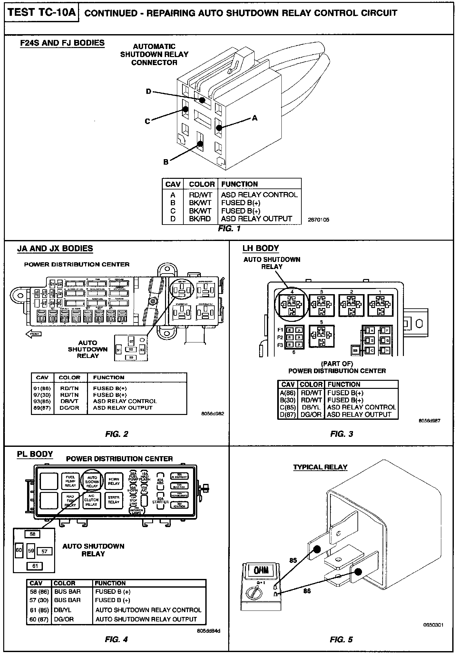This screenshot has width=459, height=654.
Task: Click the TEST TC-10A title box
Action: tap(42, 13)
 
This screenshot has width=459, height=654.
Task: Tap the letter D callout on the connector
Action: tap(148, 91)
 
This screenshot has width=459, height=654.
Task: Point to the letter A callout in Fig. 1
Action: tap(255, 118)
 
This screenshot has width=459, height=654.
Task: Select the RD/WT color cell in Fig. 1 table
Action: tap(200, 195)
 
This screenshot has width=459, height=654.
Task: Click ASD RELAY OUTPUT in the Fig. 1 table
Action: tap(256, 219)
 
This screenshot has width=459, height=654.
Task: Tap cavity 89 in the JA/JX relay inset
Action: tap(131, 357)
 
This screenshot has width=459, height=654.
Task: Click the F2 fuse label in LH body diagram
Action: tap(280, 337)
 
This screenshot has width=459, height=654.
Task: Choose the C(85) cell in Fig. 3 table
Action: tap(288, 407)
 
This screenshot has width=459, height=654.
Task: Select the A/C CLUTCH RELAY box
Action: tap(92, 500)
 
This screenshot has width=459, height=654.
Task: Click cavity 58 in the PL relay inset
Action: tap(33, 534)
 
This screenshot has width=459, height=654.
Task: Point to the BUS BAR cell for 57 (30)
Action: tap(67, 600)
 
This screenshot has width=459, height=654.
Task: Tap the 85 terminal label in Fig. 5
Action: tap(293, 560)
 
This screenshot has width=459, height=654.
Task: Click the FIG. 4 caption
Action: tap(116, 639)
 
